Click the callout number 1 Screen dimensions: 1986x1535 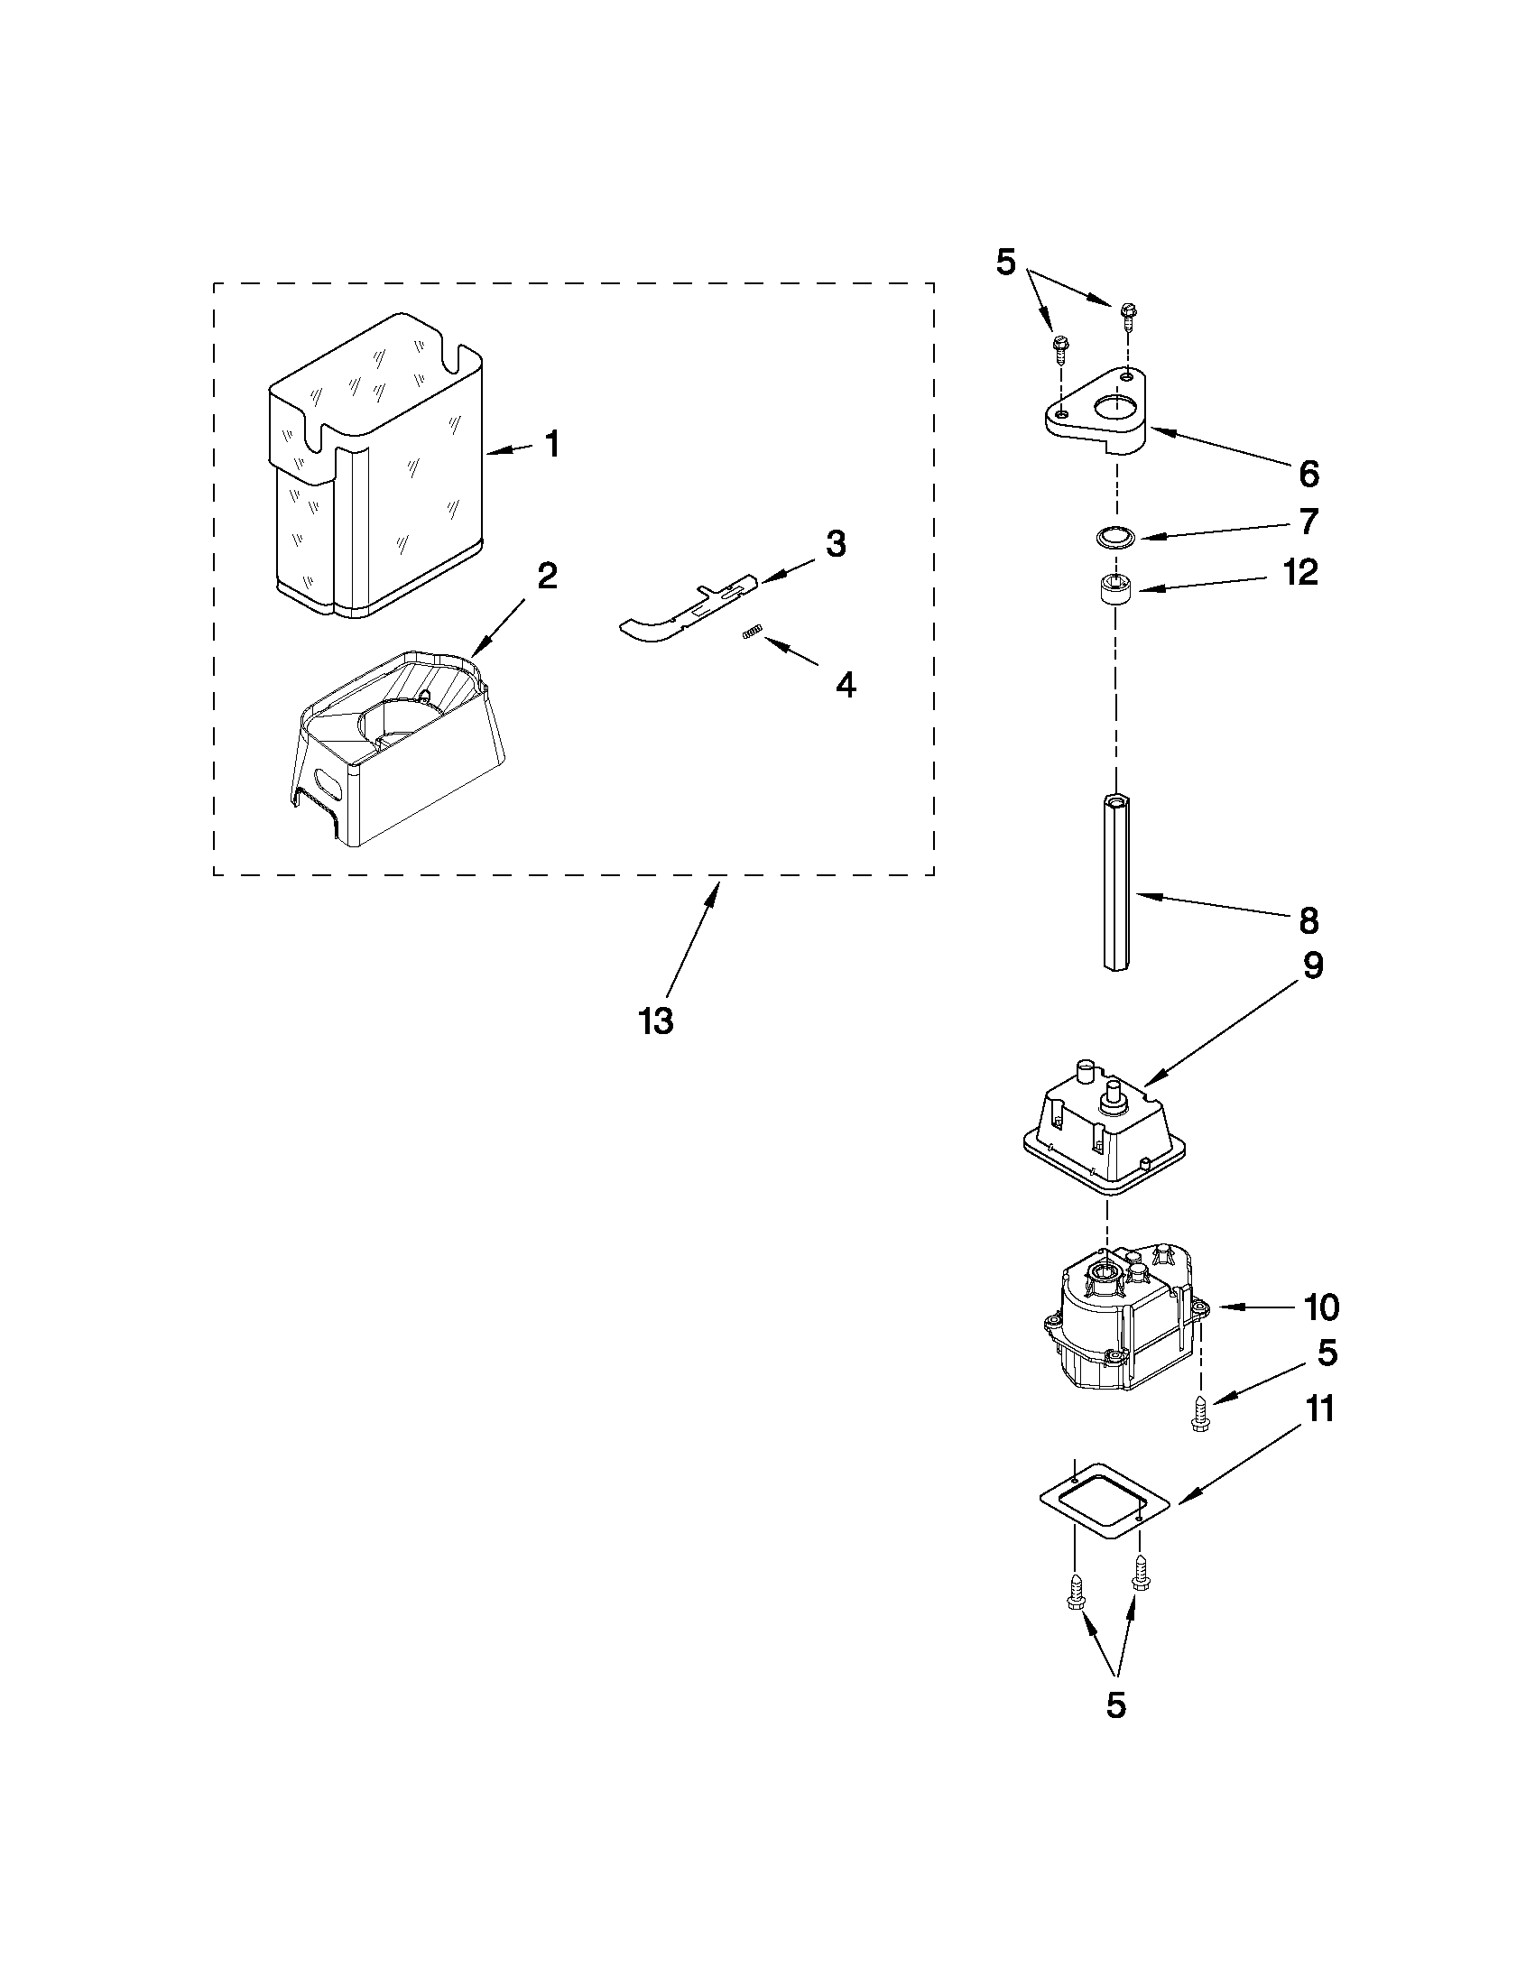[x=551, y=445]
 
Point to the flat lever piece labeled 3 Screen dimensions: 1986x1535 [x=682, y=614]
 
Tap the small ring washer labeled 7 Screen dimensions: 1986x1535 [x=1111, y=538]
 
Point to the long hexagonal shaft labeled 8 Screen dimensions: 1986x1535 [x=1115, y=882]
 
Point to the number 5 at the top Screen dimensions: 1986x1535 [x=1005, y=262]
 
